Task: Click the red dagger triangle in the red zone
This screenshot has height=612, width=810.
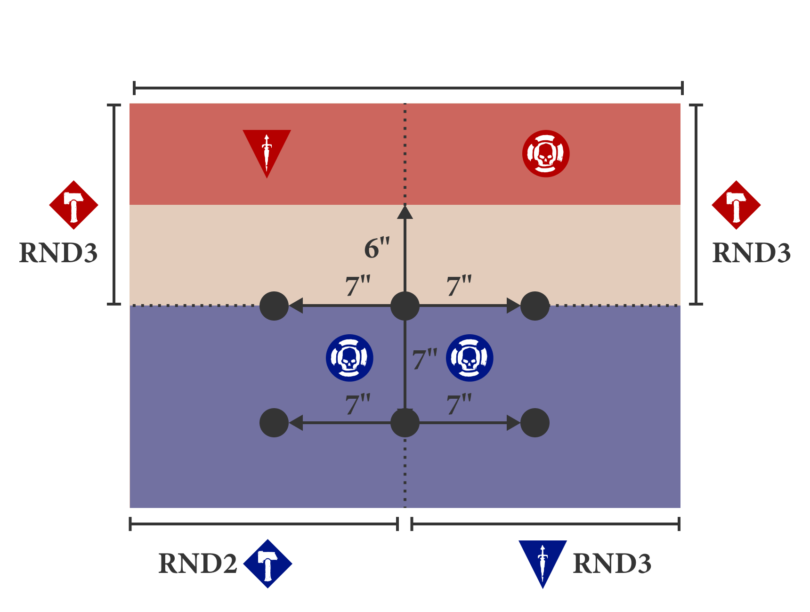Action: [267, 148]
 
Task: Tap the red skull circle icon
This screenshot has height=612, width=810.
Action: [546, 153]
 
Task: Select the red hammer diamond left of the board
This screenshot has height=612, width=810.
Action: [73, 205]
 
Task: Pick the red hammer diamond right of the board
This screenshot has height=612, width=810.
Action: [736, 205]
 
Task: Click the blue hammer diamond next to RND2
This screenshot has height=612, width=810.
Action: [267, 564]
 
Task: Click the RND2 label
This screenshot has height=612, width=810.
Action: [198, 564]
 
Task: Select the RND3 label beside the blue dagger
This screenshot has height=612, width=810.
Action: [612, 564]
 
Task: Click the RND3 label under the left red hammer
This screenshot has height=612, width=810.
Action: [58, 253]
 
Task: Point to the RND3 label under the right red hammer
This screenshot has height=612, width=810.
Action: [752, 253]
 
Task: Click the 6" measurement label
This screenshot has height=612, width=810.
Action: [377, 248]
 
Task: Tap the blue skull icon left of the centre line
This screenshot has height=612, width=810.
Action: [349, 358]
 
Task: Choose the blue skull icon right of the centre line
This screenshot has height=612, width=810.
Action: [470, 358]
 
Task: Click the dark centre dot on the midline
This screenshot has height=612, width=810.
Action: [405, 306]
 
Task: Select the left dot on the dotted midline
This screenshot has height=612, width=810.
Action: [274, 306]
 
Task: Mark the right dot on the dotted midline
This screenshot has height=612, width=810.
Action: [535, 306]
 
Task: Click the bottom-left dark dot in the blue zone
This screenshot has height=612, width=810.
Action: [274, 423]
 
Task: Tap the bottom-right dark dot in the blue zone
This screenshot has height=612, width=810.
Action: [535, 423]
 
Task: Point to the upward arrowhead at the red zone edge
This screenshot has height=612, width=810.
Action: [405, 212]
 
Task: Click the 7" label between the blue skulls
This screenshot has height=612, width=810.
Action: [425, 359]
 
